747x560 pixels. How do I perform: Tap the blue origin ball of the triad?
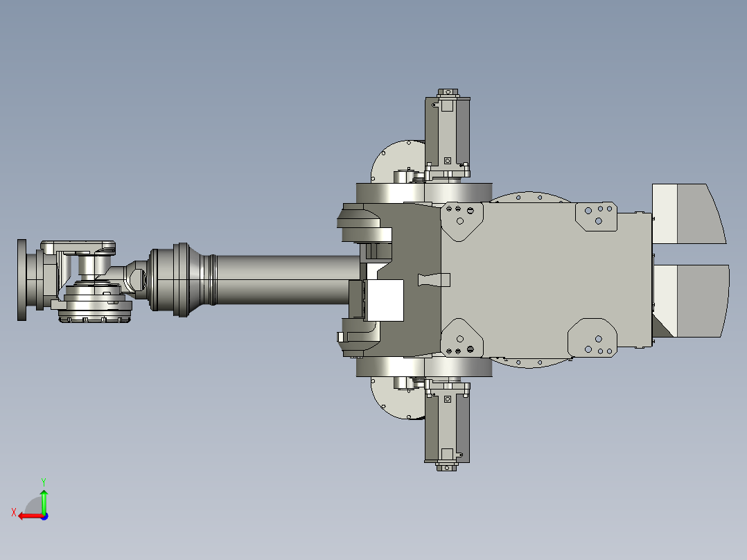click(44, 516)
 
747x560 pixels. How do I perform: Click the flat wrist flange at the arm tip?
click(22, 279)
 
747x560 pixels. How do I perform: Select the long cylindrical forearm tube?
click(284, 279)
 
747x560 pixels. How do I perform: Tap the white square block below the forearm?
click(385, 299)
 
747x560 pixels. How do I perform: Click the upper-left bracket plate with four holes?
click(462, 219)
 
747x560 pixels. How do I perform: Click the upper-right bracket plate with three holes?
click(597, 215)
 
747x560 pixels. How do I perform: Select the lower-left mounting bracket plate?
click(462, 340)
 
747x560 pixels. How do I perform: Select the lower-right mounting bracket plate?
click(592, 340)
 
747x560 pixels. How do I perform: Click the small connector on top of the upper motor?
click(448, 91)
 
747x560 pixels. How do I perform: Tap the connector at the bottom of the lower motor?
click(448, 466)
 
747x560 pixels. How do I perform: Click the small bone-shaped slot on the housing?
click(434, 279)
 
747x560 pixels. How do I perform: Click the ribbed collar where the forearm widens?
click(182, 279)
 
